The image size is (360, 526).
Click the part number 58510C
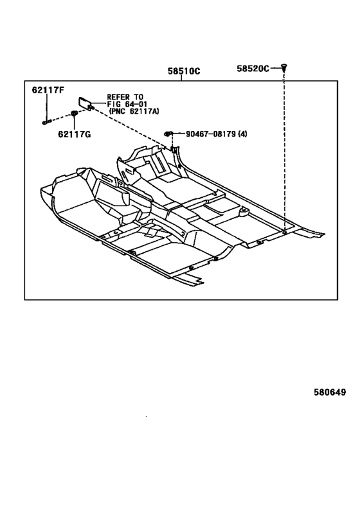184,71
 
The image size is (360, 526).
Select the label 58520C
253,69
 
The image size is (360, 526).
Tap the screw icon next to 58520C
284,68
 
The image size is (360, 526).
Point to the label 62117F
48,90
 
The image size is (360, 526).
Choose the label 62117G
74,134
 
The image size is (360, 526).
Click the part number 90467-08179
211,134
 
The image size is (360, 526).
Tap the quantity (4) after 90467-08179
242,134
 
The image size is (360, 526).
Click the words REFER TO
125,97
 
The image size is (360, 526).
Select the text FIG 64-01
127,104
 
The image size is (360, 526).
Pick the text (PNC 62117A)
134,111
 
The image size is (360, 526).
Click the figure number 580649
330,392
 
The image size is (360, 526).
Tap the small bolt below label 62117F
47,123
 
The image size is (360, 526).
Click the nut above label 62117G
74,114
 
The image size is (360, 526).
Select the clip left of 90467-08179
168,134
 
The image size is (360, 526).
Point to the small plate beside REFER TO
85,103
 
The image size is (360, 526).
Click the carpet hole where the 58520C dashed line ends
284,232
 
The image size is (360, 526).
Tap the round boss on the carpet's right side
244,211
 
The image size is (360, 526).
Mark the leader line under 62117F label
47,107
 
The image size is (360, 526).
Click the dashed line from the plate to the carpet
131,127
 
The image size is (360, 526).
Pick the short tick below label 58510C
181,78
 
